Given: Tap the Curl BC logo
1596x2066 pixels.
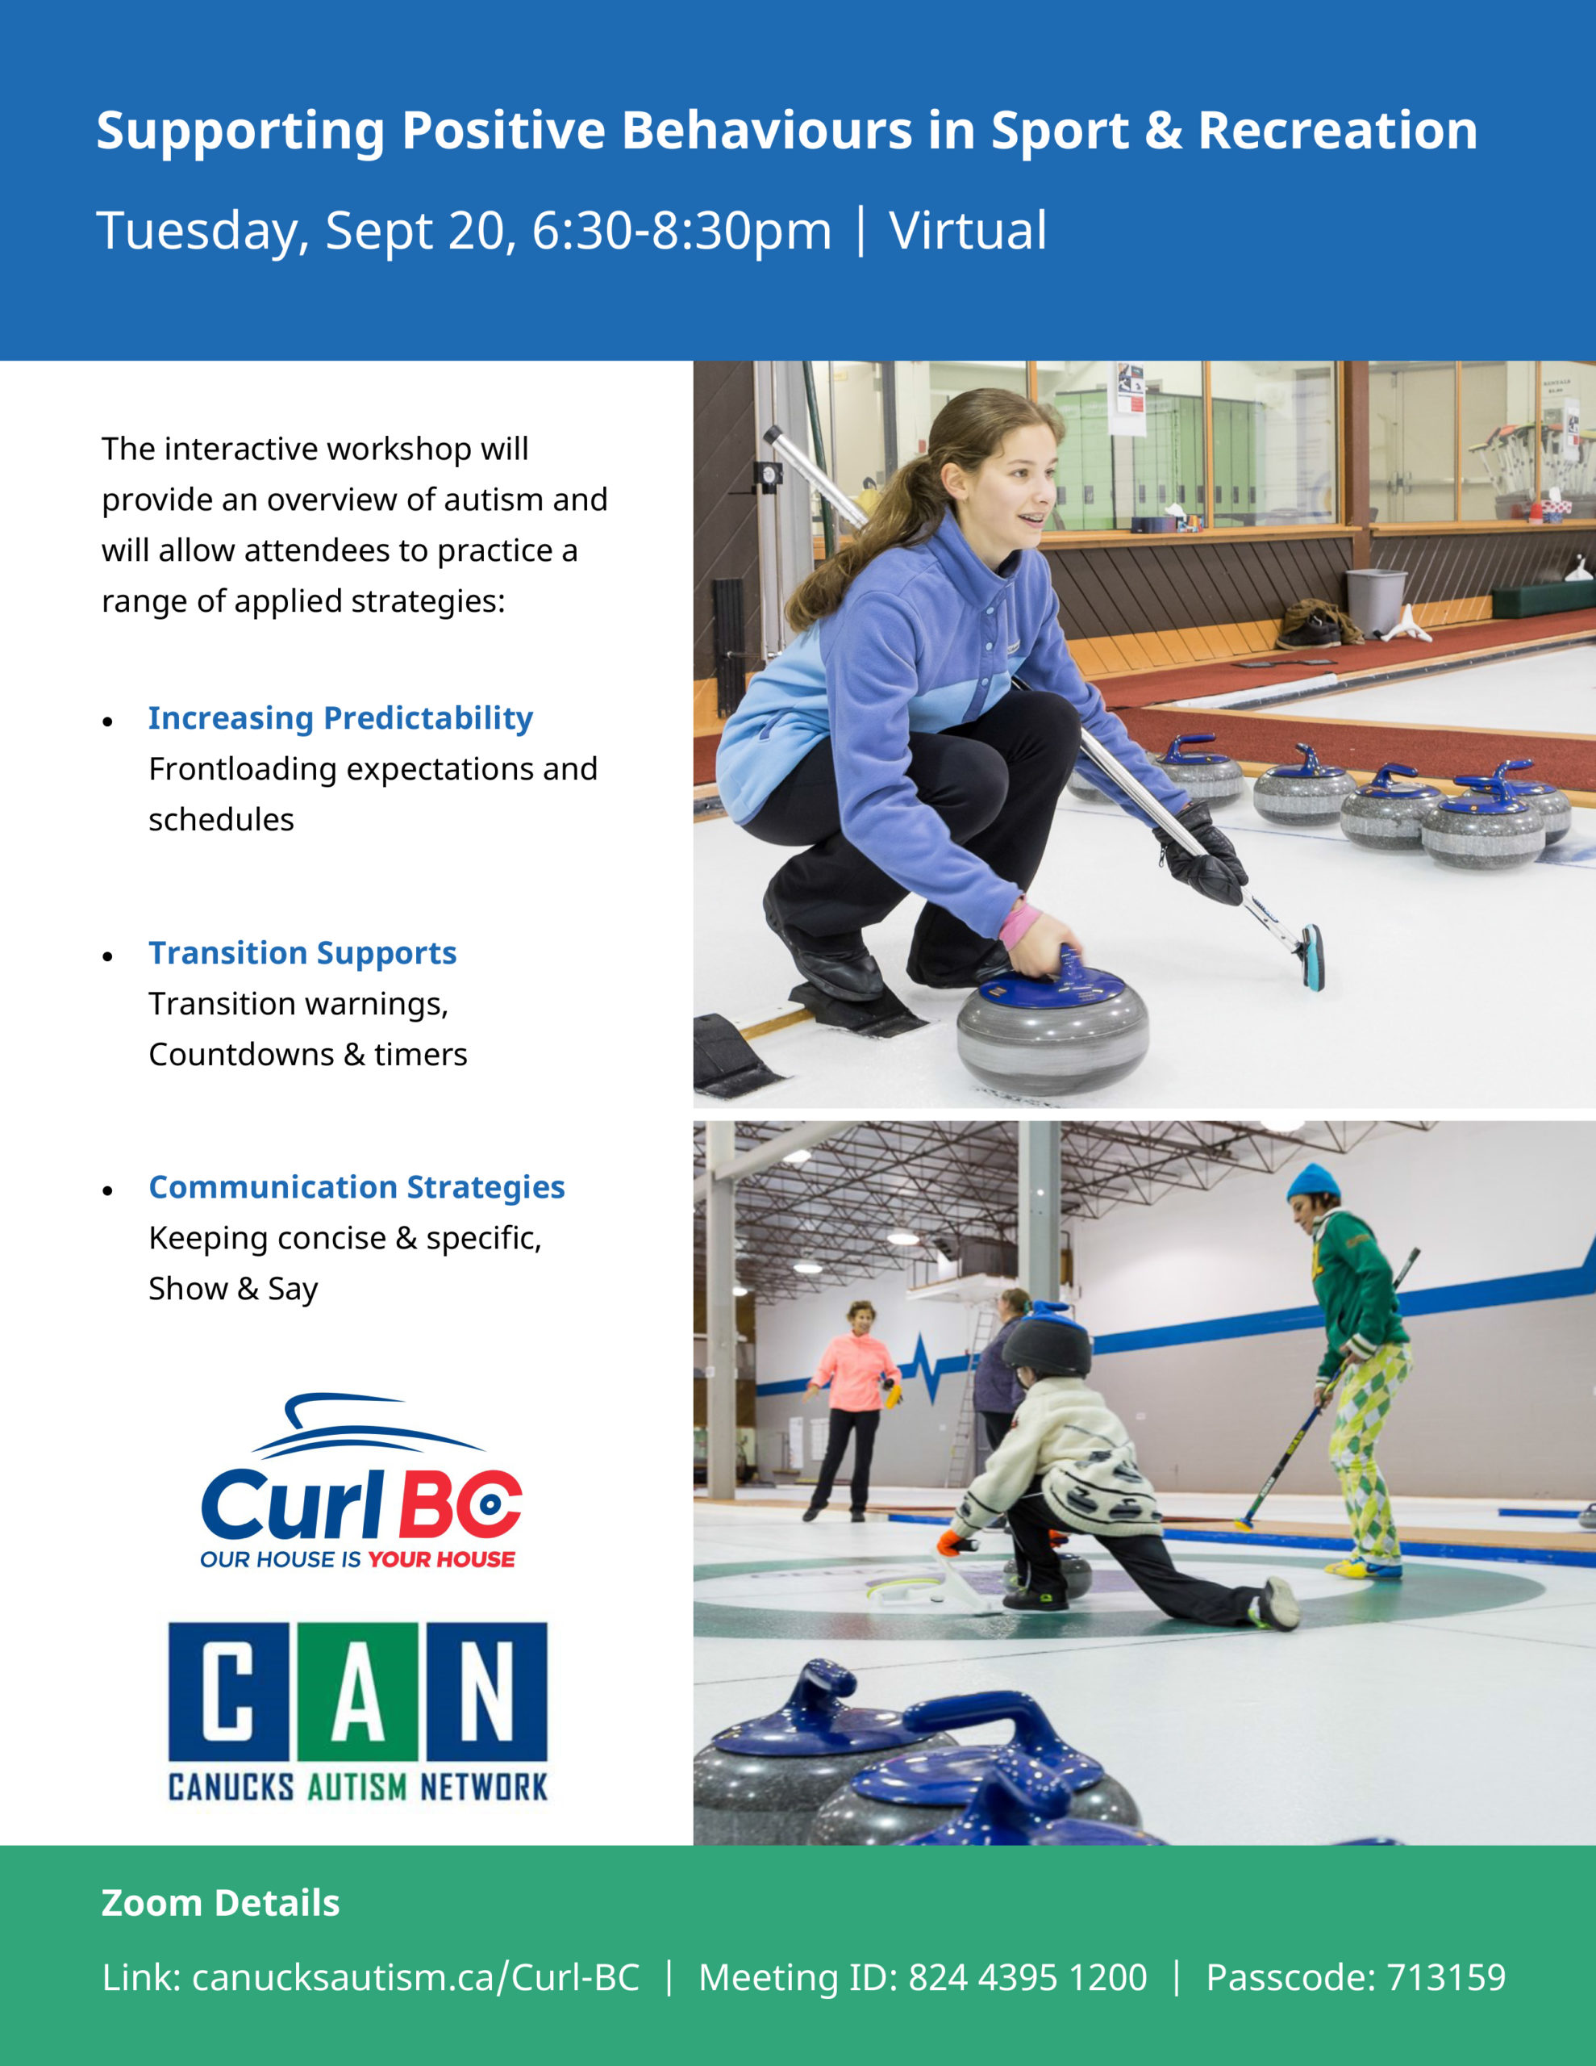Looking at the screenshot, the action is click(360, 1482).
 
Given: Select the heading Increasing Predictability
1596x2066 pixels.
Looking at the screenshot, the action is click(340, 718).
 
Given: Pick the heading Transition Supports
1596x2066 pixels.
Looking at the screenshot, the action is click(302, 952).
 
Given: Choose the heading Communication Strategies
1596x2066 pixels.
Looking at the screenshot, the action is click(356, 1187).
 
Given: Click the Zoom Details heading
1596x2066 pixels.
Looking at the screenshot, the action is click(220, 1902).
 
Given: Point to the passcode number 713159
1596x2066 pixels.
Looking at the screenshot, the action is click(1446, 1977).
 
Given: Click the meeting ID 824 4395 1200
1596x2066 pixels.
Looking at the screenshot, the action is click(1027, 1977).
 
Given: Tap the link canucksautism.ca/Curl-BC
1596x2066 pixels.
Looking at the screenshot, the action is click(415, 1977).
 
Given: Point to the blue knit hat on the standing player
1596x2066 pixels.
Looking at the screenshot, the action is click(1313, 1183).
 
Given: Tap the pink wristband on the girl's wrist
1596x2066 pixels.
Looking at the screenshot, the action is click(1019, 925).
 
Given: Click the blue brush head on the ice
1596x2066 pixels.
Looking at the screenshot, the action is click(1312, 956).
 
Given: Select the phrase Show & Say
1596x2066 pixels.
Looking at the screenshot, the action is click(232, 1288).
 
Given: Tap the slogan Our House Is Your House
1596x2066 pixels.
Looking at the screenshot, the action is click(357, 1559).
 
